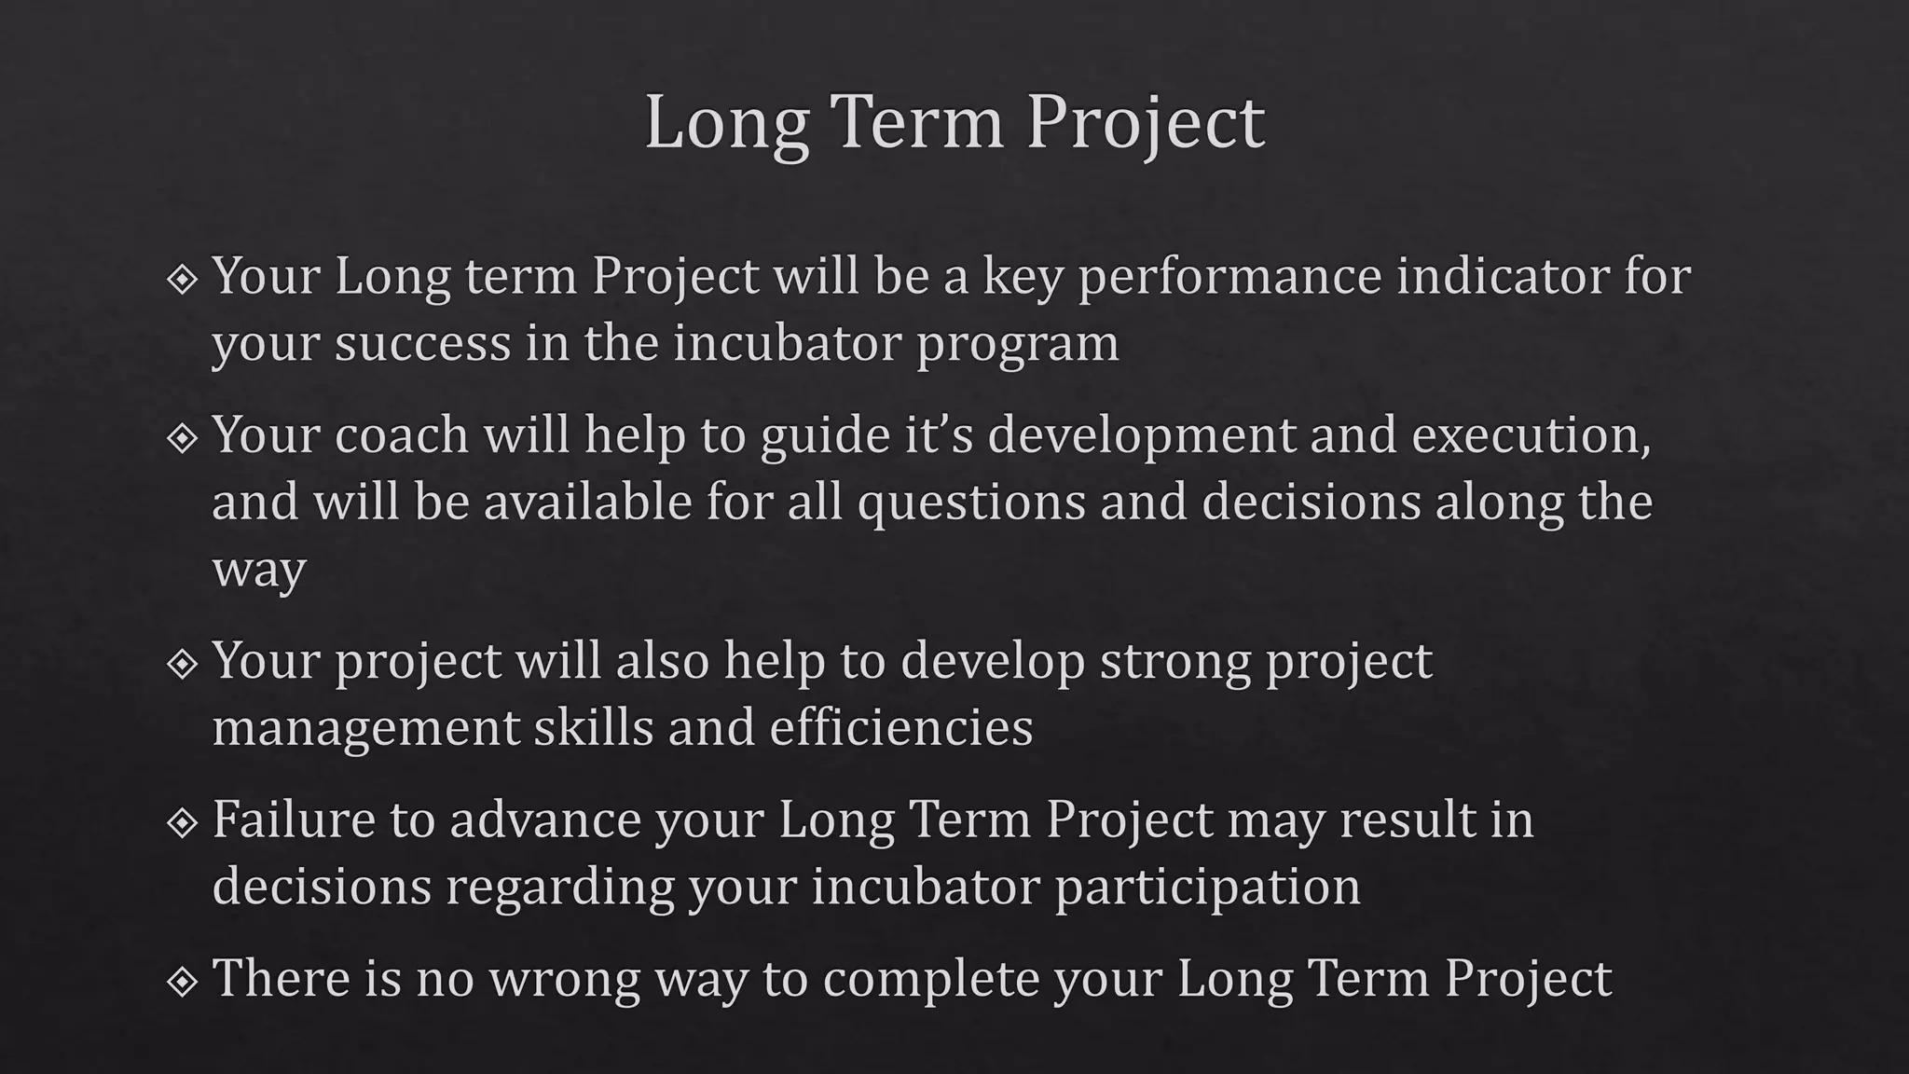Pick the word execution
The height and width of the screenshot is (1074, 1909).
[1531, 435]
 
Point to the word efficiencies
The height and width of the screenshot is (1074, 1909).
[901, 727]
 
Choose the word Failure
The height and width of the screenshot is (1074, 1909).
[293, 819]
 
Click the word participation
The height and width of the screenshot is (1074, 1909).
[1207, 887]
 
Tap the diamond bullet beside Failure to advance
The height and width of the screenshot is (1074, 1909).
[183, 822]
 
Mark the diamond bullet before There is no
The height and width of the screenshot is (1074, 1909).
[183, 981]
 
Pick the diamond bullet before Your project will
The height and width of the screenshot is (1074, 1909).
[183, 664]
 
